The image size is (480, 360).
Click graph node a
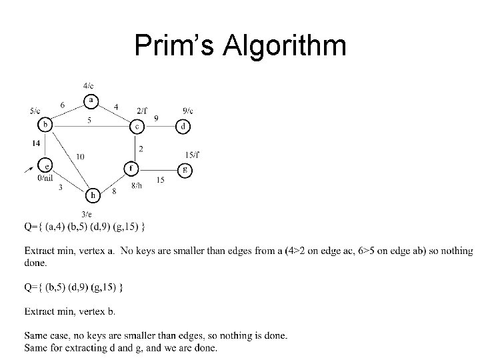[x=91, y=101]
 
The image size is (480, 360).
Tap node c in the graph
[x=136, y=126]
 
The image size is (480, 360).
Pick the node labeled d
[x=184, y=126]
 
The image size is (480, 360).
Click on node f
[x=132, y=167]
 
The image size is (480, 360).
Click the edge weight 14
[x=35, y=143]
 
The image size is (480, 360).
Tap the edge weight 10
[x=81, y=156]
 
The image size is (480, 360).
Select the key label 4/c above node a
[x=89, y=85]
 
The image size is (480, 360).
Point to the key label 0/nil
[x=46, y=178]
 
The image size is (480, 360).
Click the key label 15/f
[x=193, y=155]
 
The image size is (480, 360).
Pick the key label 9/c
[x=187, y=111]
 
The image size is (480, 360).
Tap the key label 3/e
[x=87, y=213]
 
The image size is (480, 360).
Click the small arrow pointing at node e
[x=29, y=170]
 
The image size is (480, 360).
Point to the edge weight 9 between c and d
[x=156, y=119]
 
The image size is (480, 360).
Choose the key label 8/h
[x=136, y=185]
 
